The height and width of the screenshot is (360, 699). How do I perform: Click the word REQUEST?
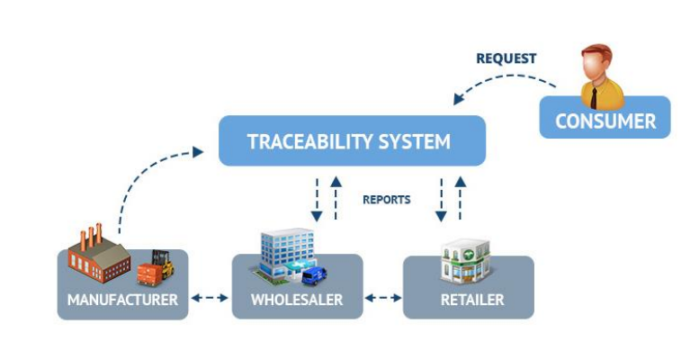506,58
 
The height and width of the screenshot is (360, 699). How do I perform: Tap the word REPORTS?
387,200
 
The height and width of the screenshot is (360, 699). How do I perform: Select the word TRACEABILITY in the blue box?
309,141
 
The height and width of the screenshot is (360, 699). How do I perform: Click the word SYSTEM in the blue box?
415,141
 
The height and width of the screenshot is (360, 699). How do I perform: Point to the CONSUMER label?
605,121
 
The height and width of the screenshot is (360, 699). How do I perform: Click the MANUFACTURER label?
122,300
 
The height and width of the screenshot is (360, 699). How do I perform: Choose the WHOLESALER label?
297,300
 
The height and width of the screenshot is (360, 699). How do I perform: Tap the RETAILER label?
472,300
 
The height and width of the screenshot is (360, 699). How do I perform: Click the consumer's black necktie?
594,98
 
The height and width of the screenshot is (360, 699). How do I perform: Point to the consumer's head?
596,63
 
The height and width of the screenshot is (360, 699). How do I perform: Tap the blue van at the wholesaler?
314,275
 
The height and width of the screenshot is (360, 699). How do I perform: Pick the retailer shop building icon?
466,262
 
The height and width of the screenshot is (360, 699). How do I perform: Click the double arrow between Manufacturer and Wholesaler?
210,298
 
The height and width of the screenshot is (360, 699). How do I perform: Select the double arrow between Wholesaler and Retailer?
383,298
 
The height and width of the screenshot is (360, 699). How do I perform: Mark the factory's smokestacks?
91,235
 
